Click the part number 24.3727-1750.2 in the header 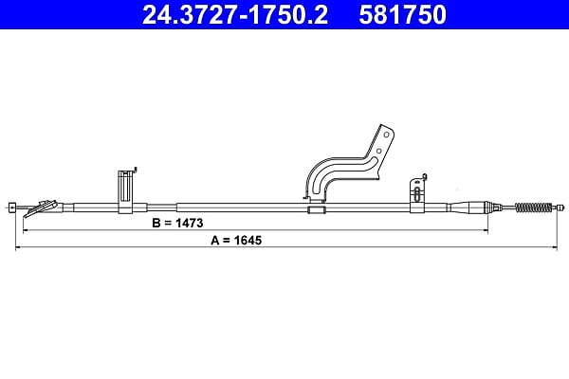click(x=235, y=15)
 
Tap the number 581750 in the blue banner click(x=402, y=15)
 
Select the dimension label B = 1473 click(x=177, y=223)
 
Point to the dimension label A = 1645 click(x=236, y=240)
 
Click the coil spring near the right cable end click(x=533, y=208)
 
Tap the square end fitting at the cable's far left click(x=12, y=208)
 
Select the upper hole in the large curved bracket click(x=387, y=135)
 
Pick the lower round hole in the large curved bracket click(x=378, y=151)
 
